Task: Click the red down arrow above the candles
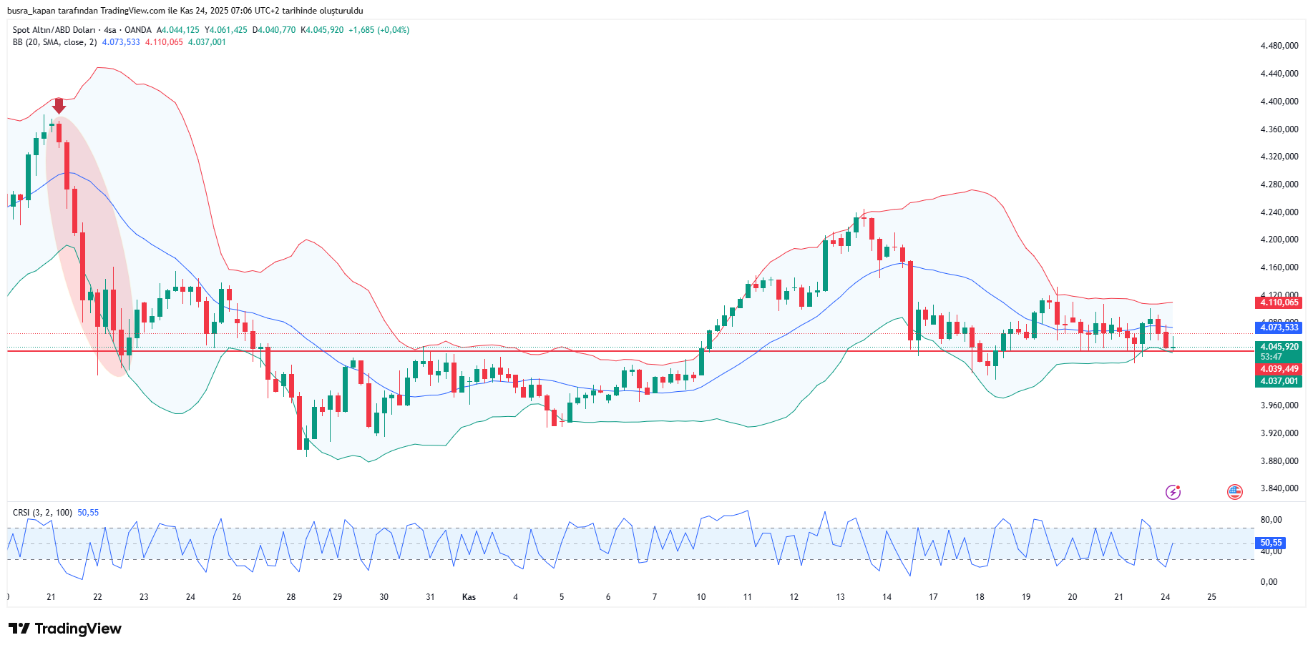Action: [59, 105]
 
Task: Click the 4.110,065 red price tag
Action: [1279, 302]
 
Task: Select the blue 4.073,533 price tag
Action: [1279, 328]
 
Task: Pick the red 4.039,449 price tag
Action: [1279, 369]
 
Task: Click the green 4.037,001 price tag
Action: [1279, 381]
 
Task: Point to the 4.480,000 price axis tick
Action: [1279, 46]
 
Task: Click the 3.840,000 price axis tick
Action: [1279, 488]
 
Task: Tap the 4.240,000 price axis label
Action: [1279, 212]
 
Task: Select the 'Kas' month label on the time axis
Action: [469, 597]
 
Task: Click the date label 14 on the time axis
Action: [887, 597]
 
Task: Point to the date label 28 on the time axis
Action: [291, 597]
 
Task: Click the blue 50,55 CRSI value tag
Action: [1271, 543]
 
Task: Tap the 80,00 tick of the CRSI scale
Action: [1271, 520]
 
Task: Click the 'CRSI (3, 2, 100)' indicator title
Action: [42, 513]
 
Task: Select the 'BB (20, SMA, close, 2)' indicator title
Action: [54, 42]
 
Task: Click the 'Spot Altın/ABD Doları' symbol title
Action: [54, 30]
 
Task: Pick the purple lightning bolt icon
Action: [1173, 491]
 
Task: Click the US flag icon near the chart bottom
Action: [1234, 491]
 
